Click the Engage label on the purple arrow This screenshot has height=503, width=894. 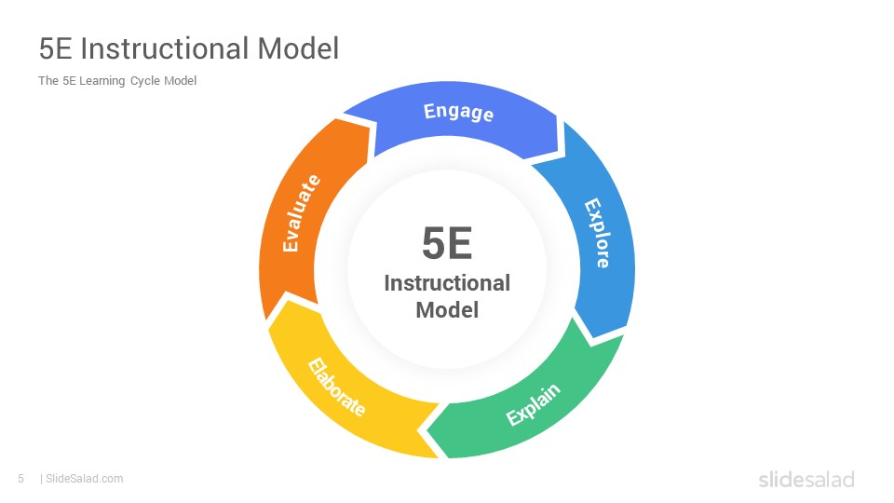pos(458,112)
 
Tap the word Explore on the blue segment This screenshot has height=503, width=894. pos(598,233)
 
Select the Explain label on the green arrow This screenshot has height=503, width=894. pos(533,404)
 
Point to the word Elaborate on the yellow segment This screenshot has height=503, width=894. pos(336,387)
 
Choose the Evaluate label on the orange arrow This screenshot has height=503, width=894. pos(301,212)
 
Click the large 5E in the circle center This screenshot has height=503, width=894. pos(447,243)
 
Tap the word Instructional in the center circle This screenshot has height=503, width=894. pos(447,283)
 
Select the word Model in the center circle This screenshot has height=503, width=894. pos(447,310)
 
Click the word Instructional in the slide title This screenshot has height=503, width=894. pos(165,48)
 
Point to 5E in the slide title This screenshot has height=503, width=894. pos(55,48)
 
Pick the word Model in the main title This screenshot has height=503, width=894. pos(298,48)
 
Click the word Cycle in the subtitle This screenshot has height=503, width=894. pos(145,81)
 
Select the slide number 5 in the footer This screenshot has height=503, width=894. pos(21,479)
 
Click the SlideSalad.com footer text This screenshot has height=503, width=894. pos(85,479)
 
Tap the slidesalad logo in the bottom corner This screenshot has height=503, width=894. pos(806,479)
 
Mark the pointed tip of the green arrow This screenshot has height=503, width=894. pos(427,428)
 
